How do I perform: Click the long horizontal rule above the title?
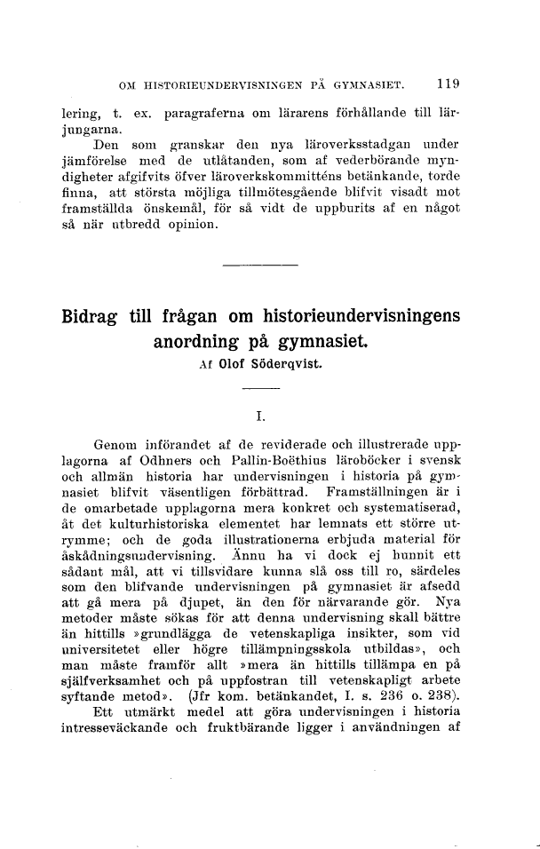(260, 265)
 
